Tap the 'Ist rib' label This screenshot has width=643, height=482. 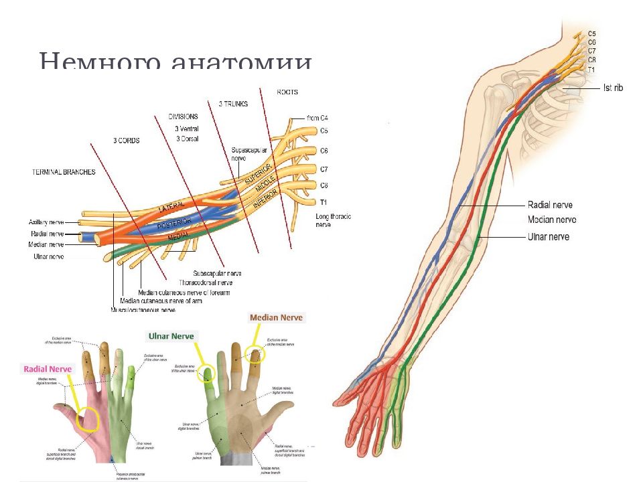point(613,88)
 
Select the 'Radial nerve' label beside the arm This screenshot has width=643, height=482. point(550,205)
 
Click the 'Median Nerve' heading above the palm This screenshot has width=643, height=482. point(276,317)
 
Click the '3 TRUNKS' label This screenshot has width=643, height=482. point(233,104)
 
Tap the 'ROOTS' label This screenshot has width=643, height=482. point(287,92)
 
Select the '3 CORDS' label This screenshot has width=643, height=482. point(125,141)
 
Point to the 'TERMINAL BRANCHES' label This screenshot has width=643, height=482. point(64,172)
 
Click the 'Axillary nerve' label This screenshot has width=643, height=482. point(46,222)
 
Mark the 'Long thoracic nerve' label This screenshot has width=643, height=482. point(333,221)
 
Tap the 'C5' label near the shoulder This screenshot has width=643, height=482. point(592,33)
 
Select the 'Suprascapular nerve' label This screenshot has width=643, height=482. point(248,155)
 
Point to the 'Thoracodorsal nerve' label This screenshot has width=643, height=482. point(206,283)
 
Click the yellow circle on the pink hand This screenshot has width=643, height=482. point(87,420)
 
